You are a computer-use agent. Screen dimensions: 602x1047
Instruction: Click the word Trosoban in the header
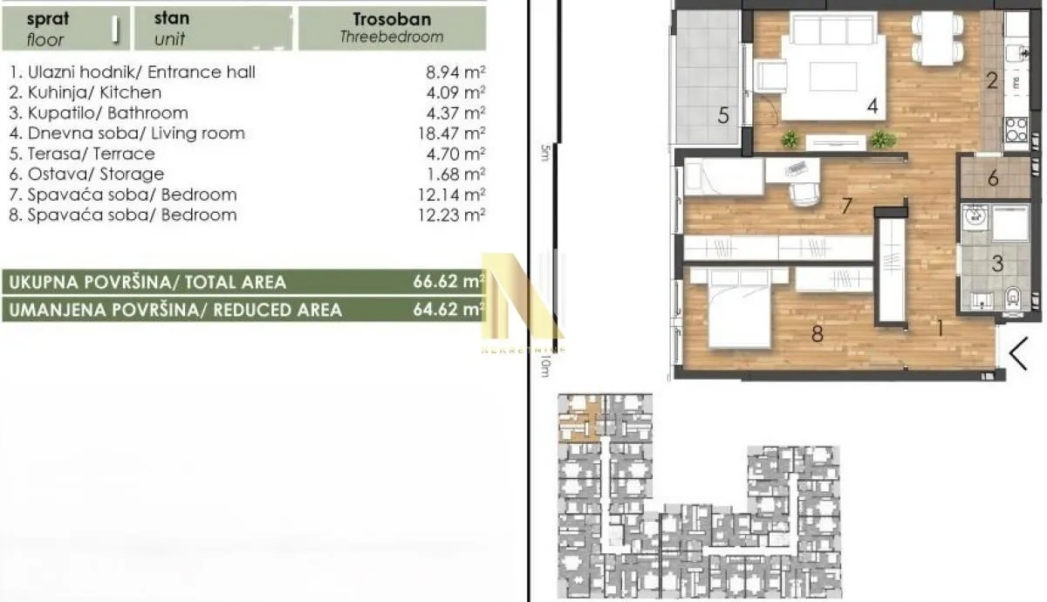392,18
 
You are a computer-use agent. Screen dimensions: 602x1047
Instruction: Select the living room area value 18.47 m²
450,133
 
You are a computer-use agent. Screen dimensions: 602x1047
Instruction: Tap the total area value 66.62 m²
448,282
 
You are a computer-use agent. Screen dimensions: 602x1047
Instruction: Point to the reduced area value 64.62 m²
448,310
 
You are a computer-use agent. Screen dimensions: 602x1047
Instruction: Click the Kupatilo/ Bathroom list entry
98,113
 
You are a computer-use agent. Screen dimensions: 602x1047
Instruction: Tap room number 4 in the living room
872,107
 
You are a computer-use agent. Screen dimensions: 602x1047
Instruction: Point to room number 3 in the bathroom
997,262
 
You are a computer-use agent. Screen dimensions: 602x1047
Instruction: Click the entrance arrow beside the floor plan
1018,353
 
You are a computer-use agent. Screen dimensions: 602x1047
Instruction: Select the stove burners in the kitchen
1016,130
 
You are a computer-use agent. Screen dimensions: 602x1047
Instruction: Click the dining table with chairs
938,39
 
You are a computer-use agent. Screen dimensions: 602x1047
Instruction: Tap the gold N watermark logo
523,297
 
